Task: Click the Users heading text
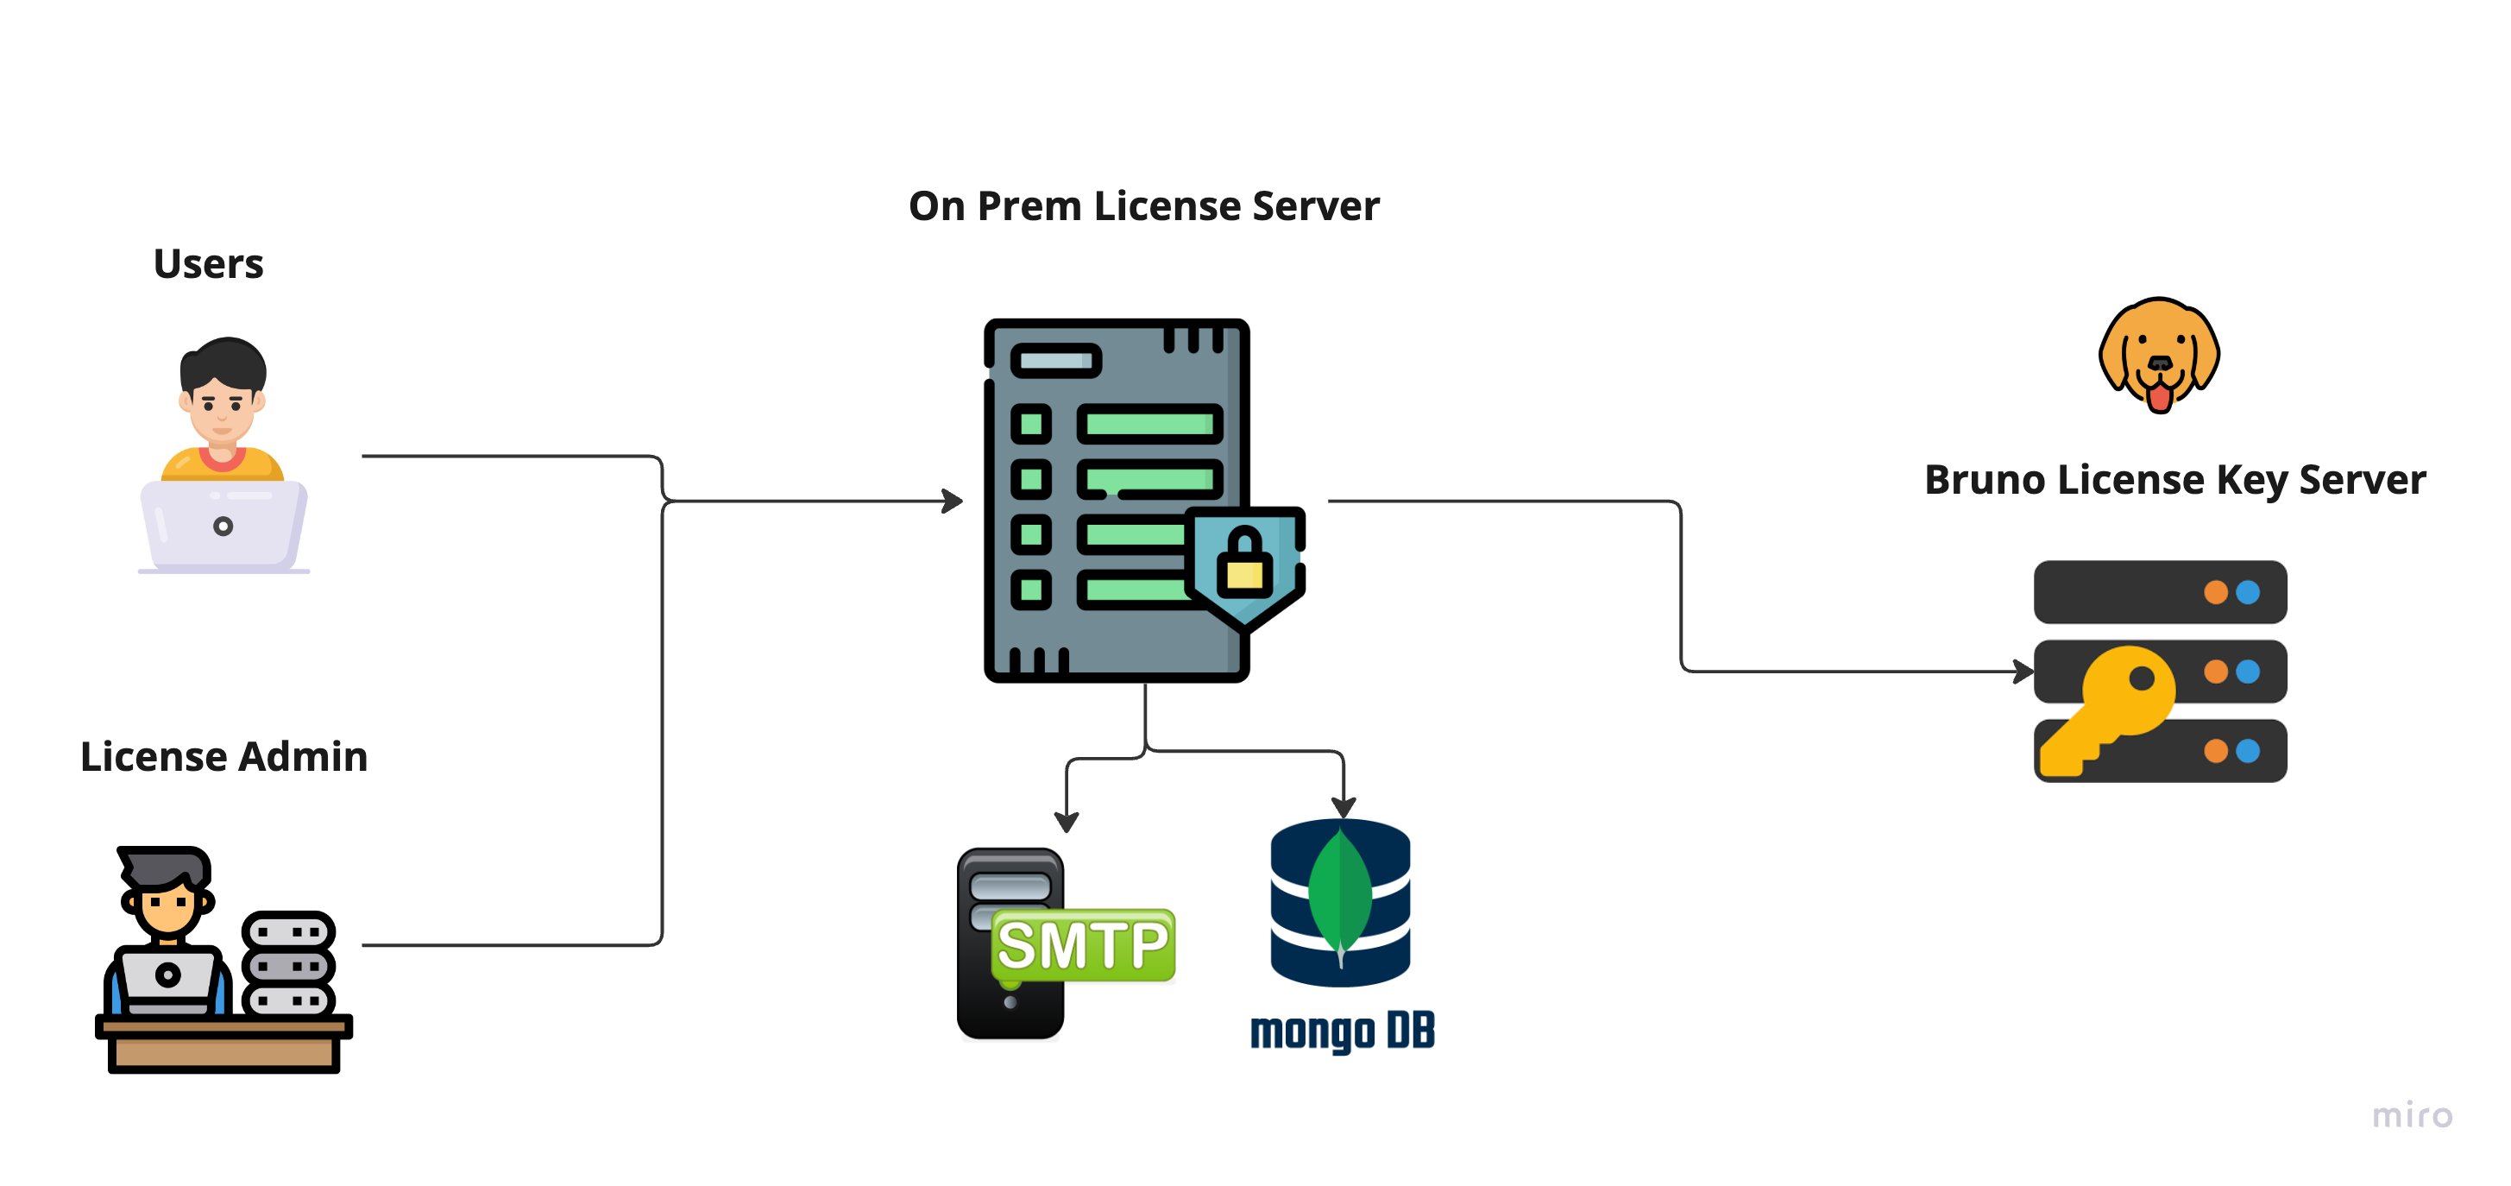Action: [209, 263]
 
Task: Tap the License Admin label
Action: [224, 756]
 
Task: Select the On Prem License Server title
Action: [1143, 205]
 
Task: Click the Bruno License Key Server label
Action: [2174, 480]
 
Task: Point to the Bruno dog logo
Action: [2159, 355]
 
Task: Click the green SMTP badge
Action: [1083, 945]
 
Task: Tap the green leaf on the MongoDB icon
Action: [1340, 893]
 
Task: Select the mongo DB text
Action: [1343, 1031]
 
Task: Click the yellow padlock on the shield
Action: [1245, 562]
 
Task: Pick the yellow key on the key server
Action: [2107, 710]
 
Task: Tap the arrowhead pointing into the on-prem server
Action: [953, 502]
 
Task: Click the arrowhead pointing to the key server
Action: [2023, 671]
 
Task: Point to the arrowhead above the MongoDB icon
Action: [1344, 808]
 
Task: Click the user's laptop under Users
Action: [223, 527]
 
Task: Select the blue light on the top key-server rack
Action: [2248, 592]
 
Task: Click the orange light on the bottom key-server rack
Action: [2216, 751]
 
